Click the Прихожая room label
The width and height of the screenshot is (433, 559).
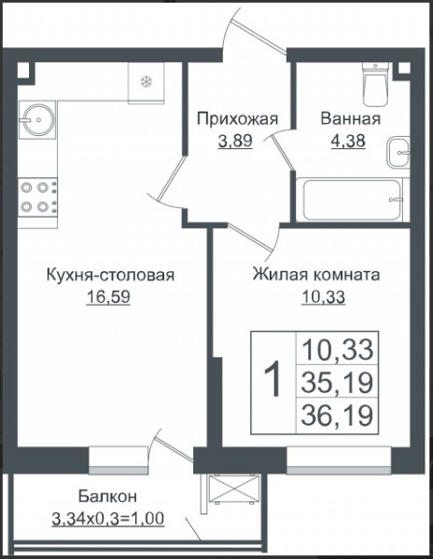[237, 119]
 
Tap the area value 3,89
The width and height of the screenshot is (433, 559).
[235, 141]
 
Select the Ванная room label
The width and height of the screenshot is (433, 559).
[351, 119]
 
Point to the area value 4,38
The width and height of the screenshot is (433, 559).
[348, 141]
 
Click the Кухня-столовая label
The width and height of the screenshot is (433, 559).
[111, 275]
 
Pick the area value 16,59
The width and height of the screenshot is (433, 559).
[108, 297]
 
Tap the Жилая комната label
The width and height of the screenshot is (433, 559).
[316, 275]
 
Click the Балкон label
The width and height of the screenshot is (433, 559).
[107, 497]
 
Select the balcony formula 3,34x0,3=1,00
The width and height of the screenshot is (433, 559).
[108, 518]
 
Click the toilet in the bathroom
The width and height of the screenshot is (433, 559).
[375, 84]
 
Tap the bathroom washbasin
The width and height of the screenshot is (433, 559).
[398, 153]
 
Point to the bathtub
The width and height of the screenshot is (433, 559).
[352, 199]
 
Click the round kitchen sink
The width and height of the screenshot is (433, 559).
[37, 119]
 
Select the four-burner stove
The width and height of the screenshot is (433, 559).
[37, 198]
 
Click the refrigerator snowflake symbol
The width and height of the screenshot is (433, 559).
[146, 82]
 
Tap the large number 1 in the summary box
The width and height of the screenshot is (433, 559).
[272, 378]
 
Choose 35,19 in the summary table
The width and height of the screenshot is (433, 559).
[337, 382]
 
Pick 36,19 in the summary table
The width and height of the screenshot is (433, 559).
[337, 415]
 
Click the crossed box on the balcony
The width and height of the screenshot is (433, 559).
[233, 488]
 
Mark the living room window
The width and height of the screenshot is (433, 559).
[339, 460]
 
